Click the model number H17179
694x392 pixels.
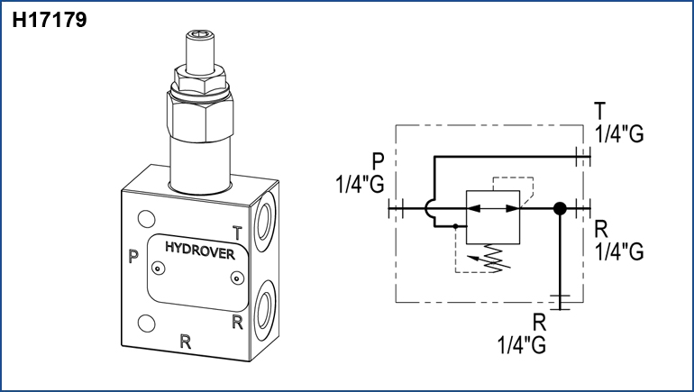pos(50,20)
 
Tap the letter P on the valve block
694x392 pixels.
pos(133,257)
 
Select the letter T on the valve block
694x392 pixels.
pos(237,232)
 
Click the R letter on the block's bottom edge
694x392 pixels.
pos(186,341)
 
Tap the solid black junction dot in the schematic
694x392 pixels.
pos(560,209)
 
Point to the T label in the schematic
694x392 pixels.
pos(599,111)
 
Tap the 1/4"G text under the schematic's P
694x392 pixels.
pos(360,184)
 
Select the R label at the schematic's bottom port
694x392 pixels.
pos(539,322)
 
